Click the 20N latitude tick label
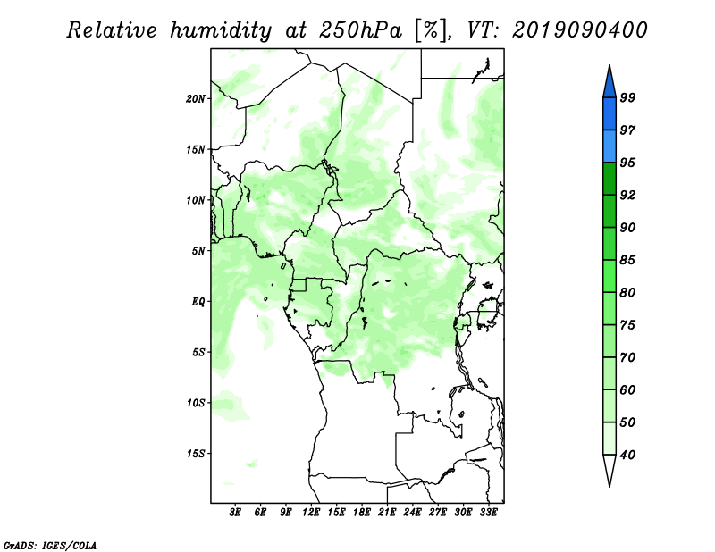point(196,99)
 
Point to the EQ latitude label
point(198,302)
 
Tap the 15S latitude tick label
point(196,454)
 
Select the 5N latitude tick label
point(198,251)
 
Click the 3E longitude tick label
point(235,513)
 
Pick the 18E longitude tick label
point(362,513)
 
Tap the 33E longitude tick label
point(488,513)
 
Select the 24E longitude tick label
point(412,513)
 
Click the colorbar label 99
point(627,97)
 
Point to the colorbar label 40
point(627,455)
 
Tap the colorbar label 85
point(627,260)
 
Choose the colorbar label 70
point(627,357)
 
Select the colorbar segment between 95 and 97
point(610,146)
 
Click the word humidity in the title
point(221,30)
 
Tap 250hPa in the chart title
point(361,30)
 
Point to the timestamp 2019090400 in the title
point(579,30)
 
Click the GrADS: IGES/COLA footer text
point(50,545)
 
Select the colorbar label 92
point(627,195)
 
